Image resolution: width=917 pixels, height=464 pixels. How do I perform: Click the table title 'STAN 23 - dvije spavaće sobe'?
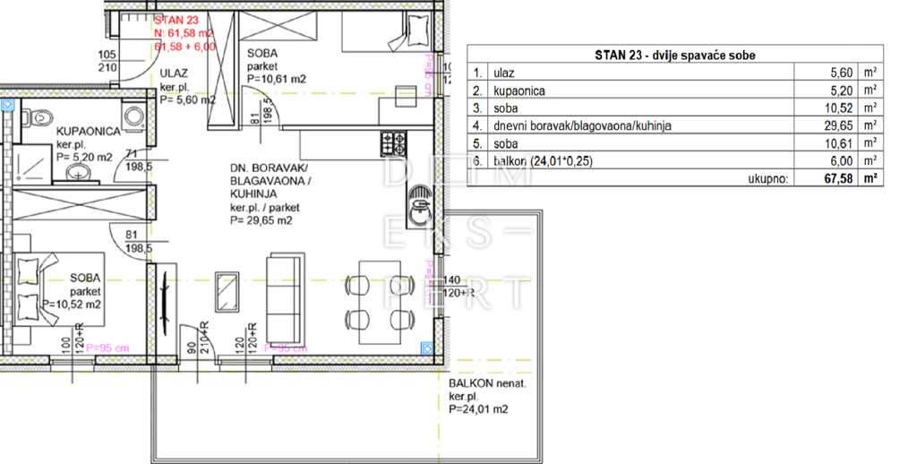point(675,55)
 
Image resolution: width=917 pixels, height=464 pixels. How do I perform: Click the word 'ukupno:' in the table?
point(768,178)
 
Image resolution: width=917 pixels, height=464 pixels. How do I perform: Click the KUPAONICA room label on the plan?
point(88,131)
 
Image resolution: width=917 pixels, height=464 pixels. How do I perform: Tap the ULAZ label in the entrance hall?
point(173,74)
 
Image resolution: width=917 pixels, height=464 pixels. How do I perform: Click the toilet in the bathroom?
point(36,117)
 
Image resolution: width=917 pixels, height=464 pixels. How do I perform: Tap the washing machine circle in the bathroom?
point(134,116)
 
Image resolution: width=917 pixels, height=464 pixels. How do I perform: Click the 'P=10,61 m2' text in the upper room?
point(277,78)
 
